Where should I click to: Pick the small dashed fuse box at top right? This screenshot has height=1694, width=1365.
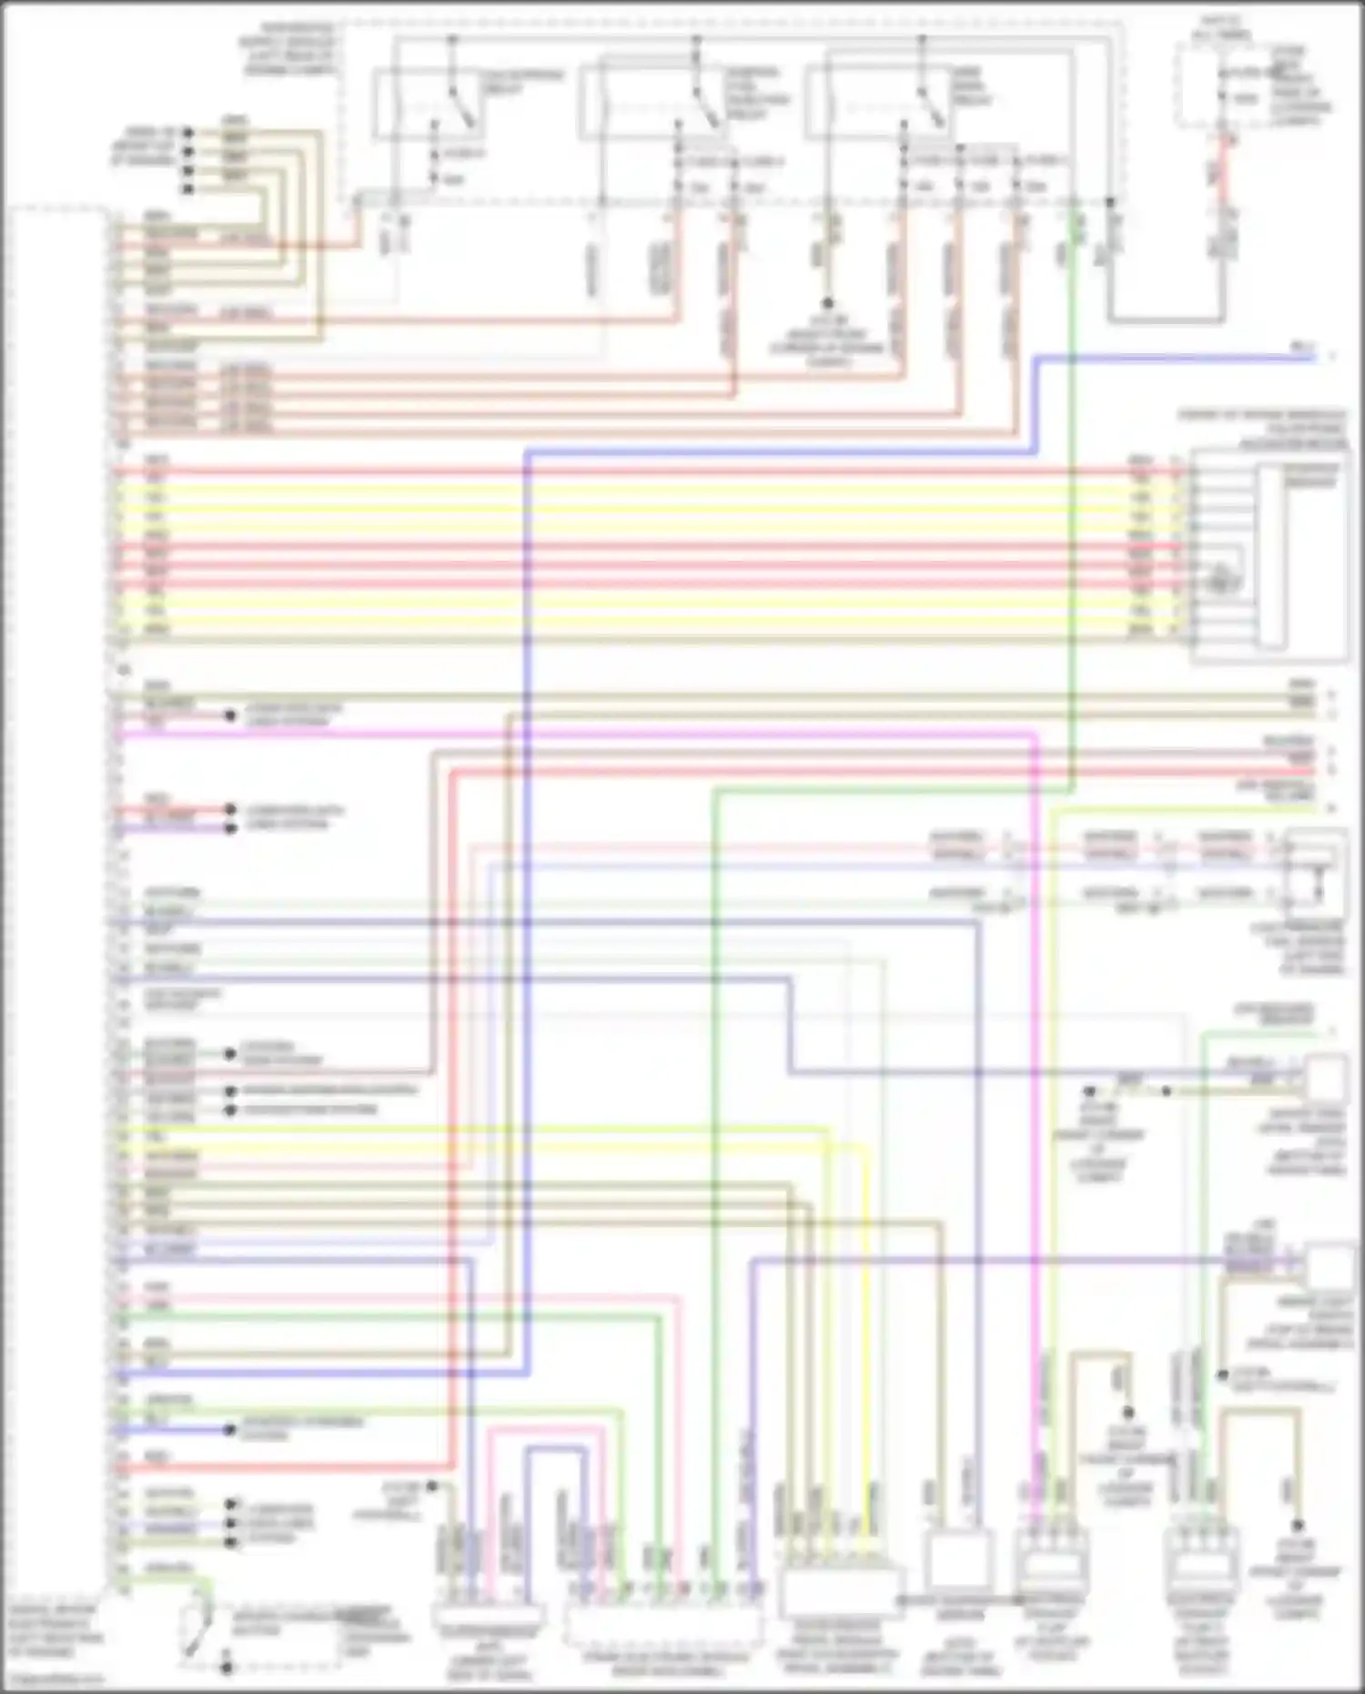click(x=1216, y=87)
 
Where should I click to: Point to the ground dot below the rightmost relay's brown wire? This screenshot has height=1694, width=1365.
click(x=827, y=303)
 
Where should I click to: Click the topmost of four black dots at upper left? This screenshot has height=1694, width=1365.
click(x=188, y=133)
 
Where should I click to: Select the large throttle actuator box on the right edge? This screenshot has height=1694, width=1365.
click(x=1270, y=555)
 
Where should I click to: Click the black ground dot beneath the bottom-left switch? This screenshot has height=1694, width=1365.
click(x=226, y=1668)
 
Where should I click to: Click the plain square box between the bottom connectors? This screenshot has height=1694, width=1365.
click(x=958, y=1560)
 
